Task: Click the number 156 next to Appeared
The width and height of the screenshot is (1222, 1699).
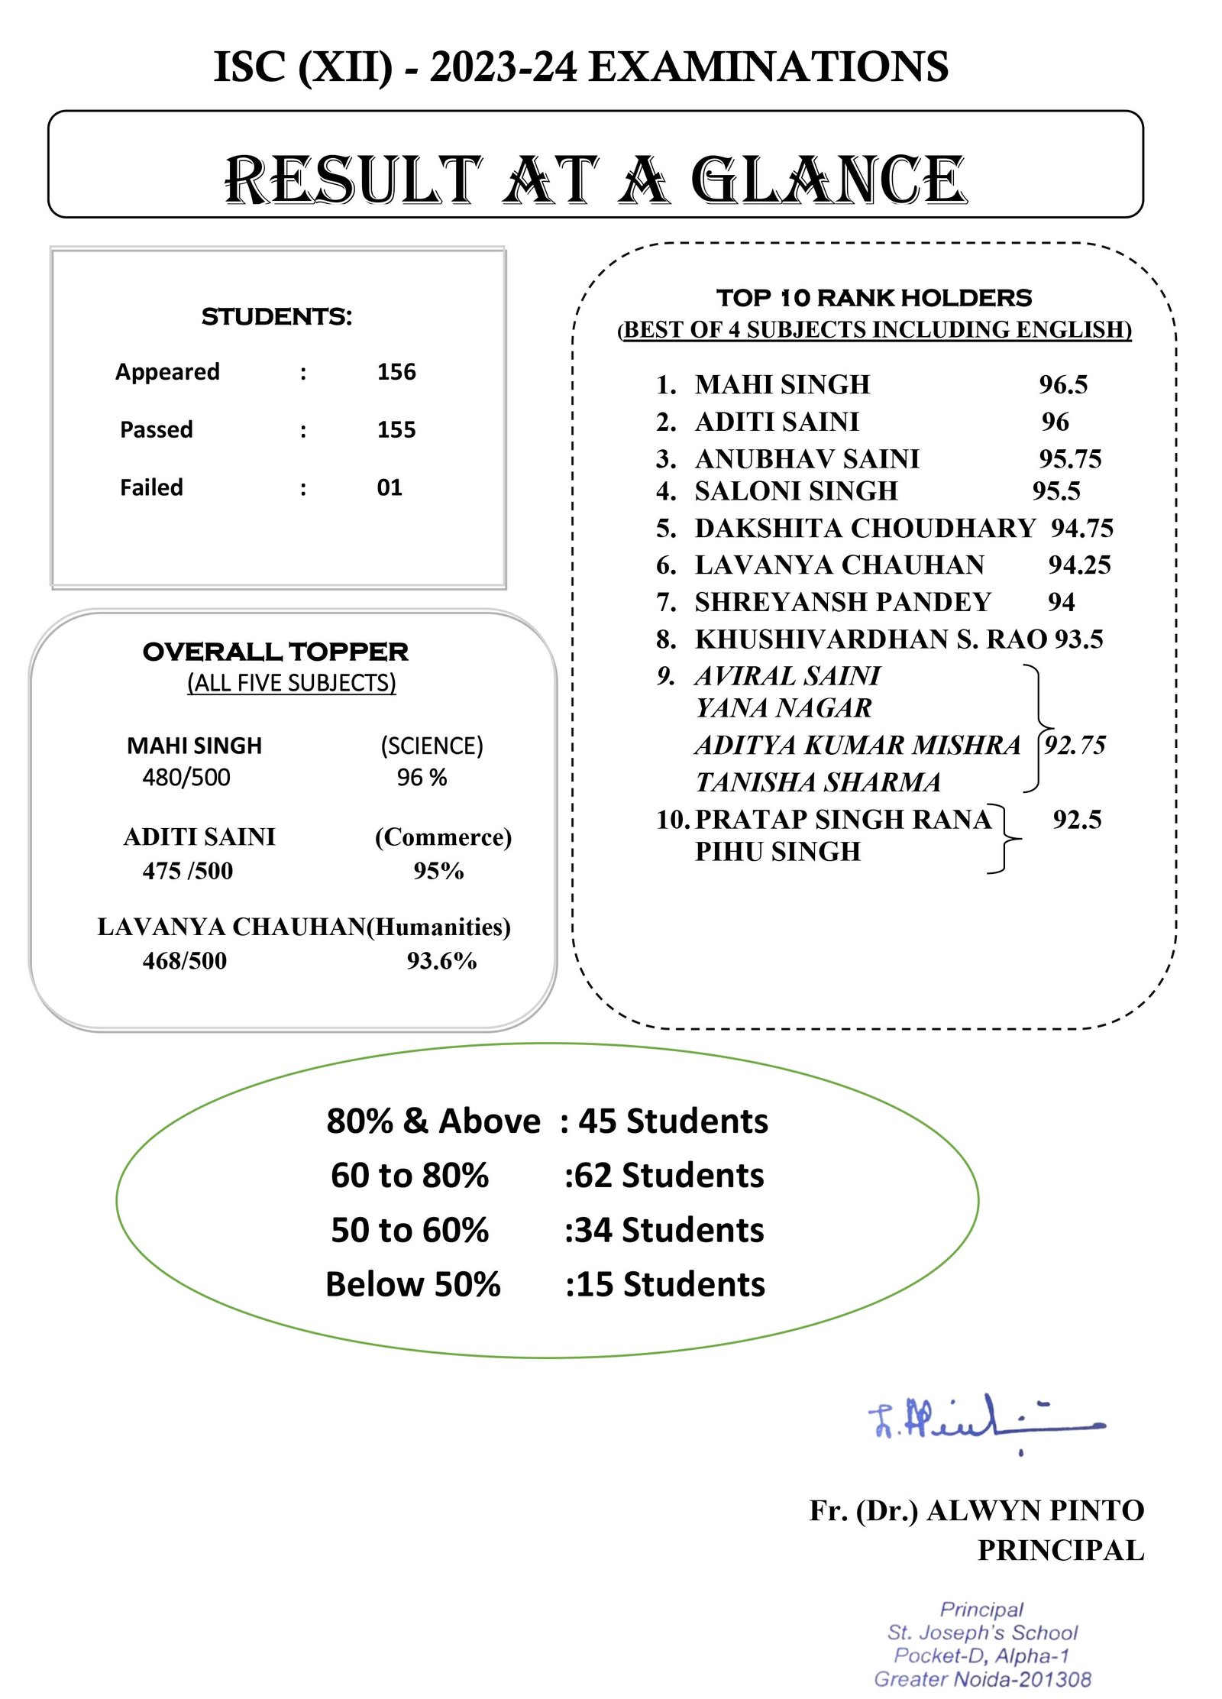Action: [396, 372]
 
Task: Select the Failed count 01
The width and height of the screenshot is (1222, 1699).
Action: [390, 487]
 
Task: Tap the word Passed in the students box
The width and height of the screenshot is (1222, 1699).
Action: [157, 429]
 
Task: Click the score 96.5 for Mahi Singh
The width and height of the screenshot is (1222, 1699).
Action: [1063, 384]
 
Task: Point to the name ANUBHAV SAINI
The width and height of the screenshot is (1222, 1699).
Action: [807, 458]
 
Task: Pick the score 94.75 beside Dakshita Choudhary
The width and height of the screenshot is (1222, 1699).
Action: [1082, 528]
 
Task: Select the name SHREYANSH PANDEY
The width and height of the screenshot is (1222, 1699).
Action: [843, 602]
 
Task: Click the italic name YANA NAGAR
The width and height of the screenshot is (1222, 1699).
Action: [784, 708]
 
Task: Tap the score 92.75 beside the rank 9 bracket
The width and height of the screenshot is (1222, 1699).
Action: [1075, 744]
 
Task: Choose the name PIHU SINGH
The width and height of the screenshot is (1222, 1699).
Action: [777, 852]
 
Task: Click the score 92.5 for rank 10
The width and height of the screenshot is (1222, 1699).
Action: [1077, 820]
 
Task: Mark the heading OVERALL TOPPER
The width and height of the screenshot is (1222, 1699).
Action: [276, 652]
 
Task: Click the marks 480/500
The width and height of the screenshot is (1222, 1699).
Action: [186, 778]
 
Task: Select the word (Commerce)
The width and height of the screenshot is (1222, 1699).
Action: [443, 837]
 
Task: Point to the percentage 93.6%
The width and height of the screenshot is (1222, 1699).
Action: [441, 961]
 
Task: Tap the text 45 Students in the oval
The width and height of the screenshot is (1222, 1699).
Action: [673, 1121]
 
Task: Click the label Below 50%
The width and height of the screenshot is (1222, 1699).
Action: [413, 1285]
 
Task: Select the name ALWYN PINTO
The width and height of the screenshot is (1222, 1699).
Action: [1036, 1511]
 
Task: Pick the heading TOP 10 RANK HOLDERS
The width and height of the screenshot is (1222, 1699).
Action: [874, 297]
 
